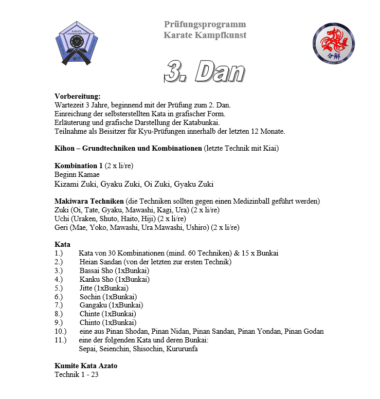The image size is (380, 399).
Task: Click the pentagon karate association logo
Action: click(76, 44)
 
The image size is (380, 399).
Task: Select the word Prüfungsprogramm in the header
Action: click(205, 24)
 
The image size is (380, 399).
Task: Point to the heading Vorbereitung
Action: click(78, 96)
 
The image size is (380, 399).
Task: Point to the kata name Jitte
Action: click(87, 288)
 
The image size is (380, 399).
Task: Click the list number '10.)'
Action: click(61, 331)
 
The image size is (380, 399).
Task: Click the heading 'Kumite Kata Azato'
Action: click(86, 366)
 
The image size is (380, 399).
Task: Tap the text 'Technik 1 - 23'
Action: click(76, 374)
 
